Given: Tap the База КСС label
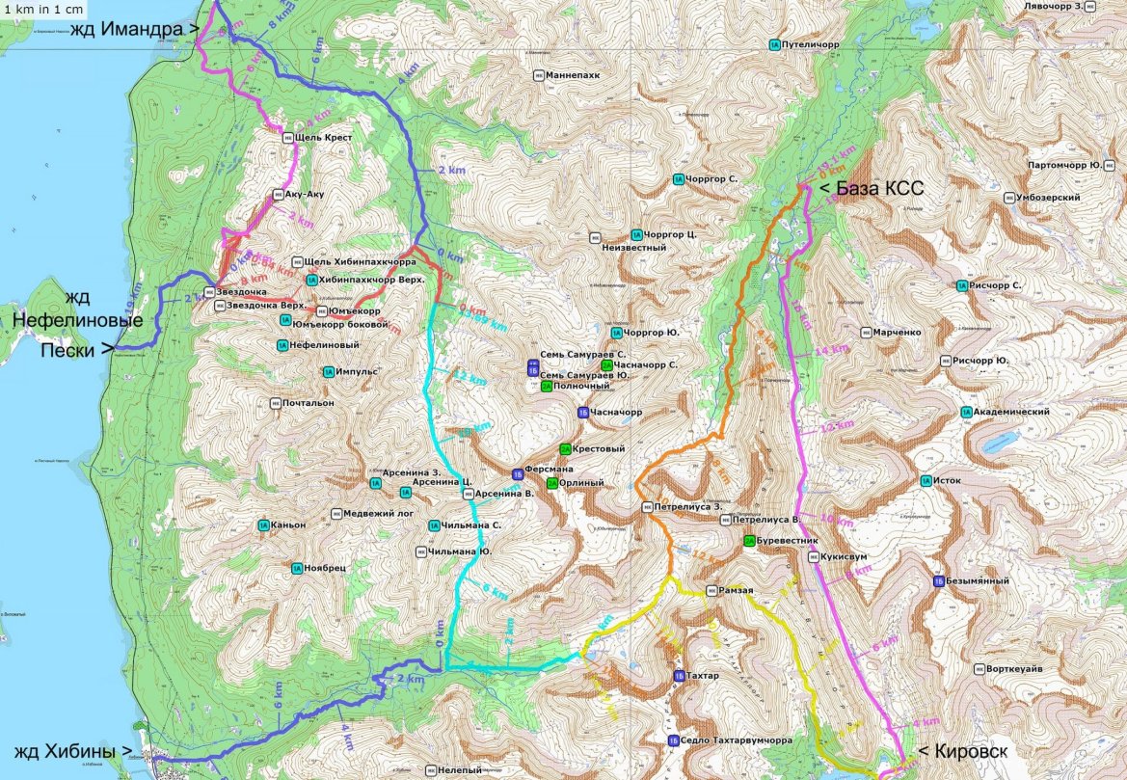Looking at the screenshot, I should [872, 189].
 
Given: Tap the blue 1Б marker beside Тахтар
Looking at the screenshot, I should [680, 676].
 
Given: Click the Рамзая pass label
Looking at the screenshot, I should [736, 590].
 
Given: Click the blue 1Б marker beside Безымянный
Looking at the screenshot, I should [938, 581].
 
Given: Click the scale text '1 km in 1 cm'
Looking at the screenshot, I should [42, 9].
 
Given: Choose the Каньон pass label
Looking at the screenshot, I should [289, 525].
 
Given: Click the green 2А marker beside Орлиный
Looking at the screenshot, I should [551, 483].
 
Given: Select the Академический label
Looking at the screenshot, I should [1010, 412].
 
